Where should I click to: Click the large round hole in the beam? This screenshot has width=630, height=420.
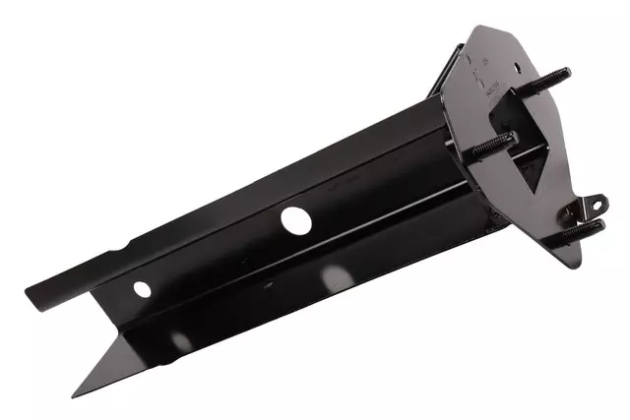point(293,219)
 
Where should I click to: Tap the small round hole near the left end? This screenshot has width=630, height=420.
point(143,289)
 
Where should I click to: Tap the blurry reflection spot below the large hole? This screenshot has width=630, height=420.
point(335,278)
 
